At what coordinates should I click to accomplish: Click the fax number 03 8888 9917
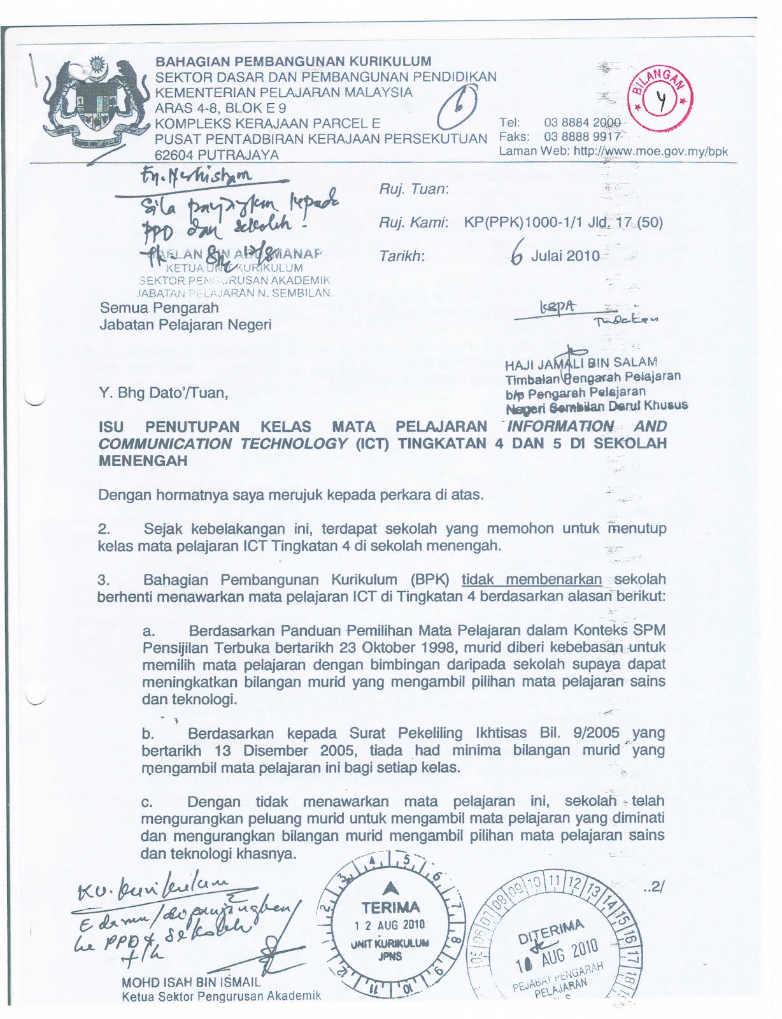(582, 136)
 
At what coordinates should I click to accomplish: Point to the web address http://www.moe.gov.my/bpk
(650, 152)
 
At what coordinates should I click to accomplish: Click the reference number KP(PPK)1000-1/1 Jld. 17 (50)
(563, 222)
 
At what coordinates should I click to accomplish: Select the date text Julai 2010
(565, 256)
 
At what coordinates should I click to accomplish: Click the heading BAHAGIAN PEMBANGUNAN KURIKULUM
(294, 62)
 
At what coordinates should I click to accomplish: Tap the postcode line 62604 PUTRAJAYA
(217, 155)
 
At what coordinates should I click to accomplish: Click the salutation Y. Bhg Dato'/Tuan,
(164, 392)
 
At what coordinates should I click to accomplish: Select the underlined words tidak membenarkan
(532, 580)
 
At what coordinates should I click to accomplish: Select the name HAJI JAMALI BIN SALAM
(581, 364)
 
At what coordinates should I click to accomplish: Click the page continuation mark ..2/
(653, 887)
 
